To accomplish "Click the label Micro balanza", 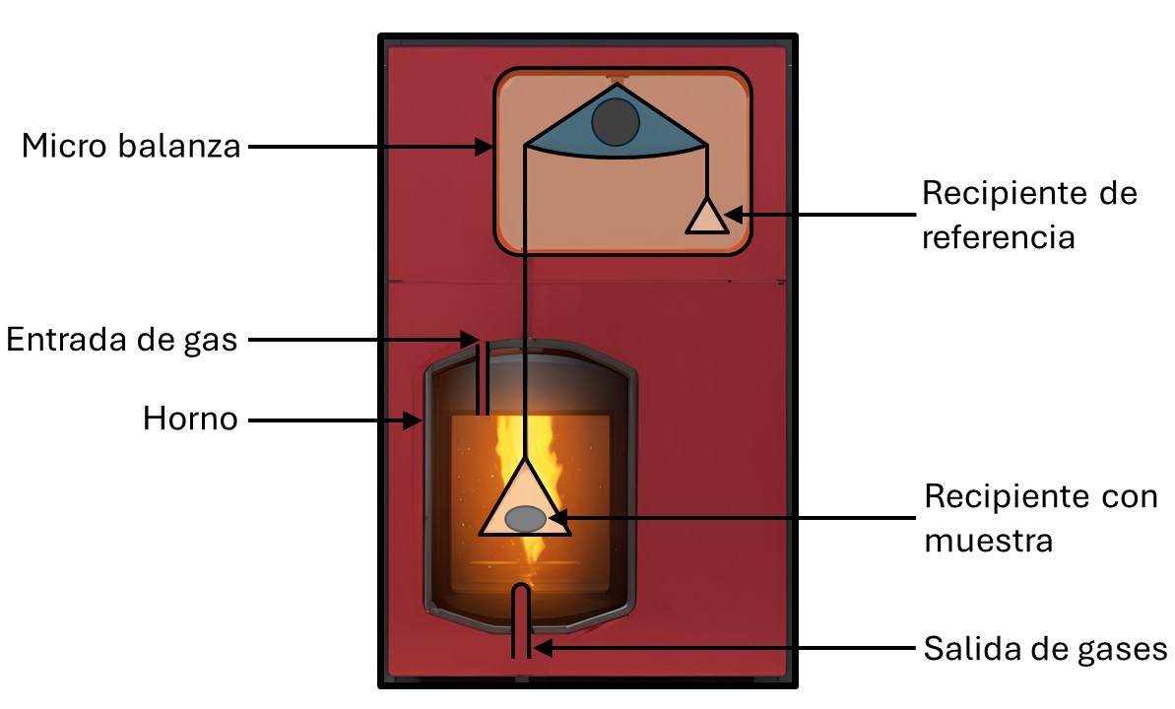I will coord(132,147).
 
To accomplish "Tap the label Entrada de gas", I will coord(122,340).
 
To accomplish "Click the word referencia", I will coord(998,237).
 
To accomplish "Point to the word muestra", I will coord(989,541).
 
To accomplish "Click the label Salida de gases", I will coord(1045,649).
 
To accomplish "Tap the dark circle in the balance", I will coord(616,122).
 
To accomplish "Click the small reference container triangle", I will coord(706,218).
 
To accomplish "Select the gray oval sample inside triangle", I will coord(525,517).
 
